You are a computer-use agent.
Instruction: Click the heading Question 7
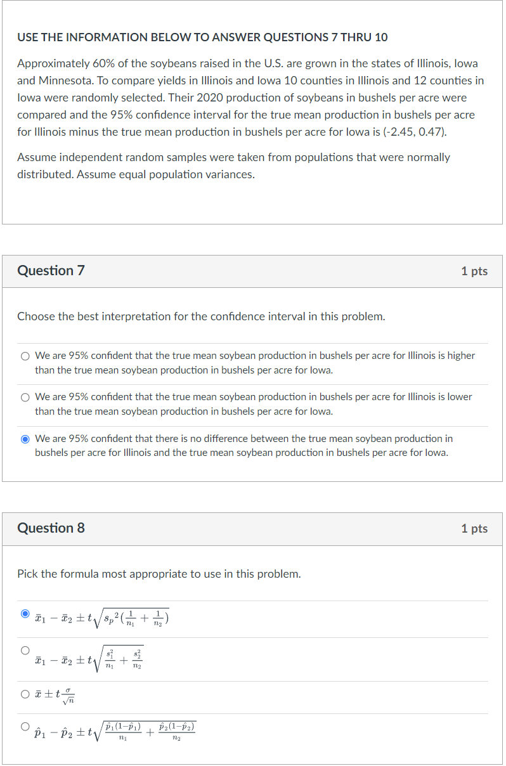point(51,271)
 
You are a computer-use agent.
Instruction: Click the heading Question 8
point(51,528)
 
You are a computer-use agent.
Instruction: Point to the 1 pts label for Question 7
point(474,271)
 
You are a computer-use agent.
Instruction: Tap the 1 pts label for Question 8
point(474,529)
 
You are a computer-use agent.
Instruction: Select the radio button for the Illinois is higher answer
point(25,356)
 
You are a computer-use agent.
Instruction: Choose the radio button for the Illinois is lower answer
point(25,398)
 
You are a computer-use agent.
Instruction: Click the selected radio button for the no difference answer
point(25,439)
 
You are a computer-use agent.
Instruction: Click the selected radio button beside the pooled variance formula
point(25,614)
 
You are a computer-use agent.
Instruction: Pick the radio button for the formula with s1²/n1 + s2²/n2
point(25,650)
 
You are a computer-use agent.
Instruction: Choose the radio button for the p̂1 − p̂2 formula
point(25,726)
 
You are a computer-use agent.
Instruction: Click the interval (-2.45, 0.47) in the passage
point(410,133)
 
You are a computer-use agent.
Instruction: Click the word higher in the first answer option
point(461,356)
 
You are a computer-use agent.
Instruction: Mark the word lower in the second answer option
point(460,397)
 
